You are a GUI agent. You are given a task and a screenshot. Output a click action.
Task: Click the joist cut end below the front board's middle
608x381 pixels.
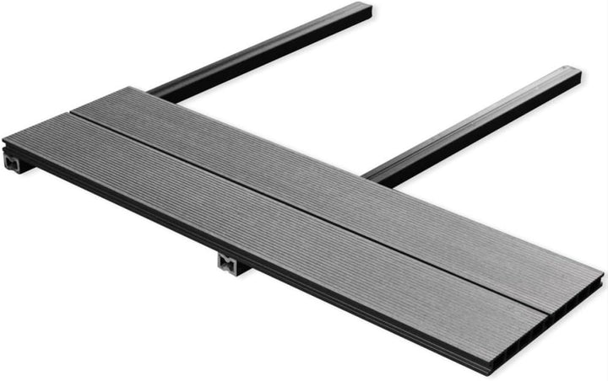(x=229, y=265)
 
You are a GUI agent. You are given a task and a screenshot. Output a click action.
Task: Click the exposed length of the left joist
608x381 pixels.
(x=262, y=51)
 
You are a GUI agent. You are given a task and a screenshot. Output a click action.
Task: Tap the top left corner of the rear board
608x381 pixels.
(x=128, y=88)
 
